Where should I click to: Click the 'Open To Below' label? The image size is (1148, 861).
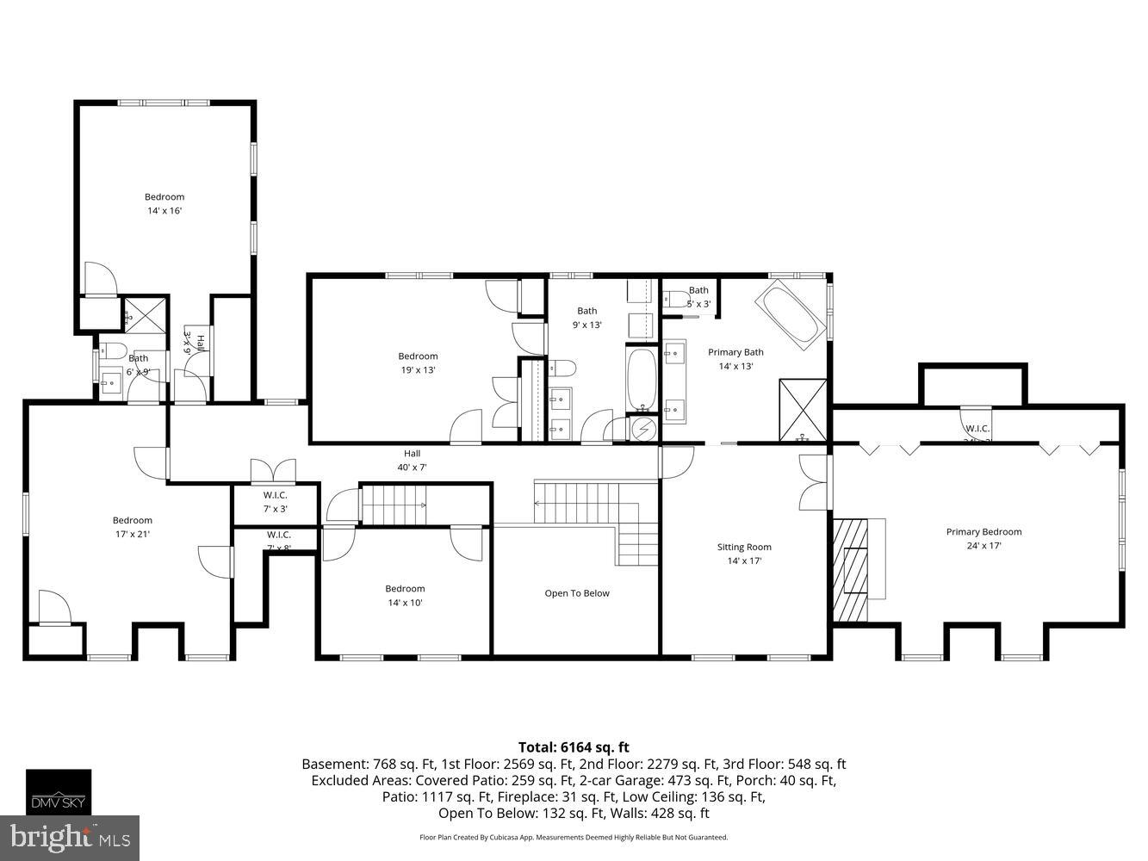point(576,593)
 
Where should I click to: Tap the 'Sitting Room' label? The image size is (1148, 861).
point(744,547)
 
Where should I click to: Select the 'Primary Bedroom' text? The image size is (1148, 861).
point(984,531)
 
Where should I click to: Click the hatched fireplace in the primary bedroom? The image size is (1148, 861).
point(851,569)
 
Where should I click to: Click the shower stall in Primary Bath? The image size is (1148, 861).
point(803,411)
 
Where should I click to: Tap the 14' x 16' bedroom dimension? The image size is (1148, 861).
point(164,211)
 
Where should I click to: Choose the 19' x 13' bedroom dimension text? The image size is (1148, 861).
point(418,369)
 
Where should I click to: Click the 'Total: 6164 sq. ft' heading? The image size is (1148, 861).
point(573,747)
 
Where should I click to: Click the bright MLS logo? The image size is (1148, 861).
point(70,837)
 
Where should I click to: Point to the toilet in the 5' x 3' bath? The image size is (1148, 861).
point(675,300)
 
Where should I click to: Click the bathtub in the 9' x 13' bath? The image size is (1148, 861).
point(642,380)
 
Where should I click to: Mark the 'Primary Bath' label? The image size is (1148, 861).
point(735,352)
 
